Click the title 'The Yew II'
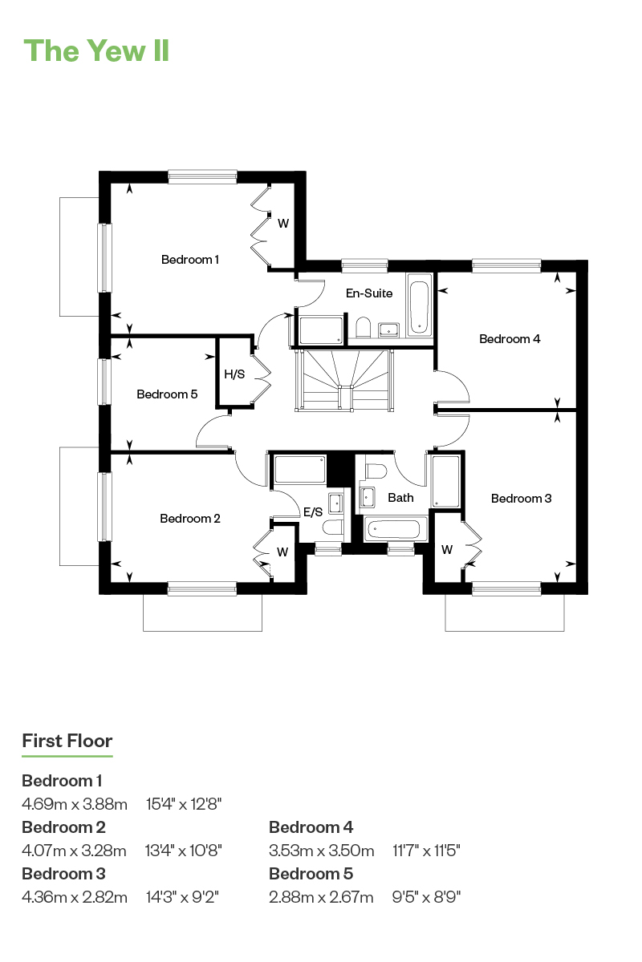tap(96, 51)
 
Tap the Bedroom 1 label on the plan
tap(190, 260)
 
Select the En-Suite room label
tap(369, 293)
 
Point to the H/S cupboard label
tap(234, 374)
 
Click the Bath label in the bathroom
tap(400, 498)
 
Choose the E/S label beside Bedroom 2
tap(313, 511)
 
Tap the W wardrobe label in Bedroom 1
tap(283, 224)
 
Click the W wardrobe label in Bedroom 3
tap(447, 550)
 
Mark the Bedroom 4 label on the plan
tap(510, 339)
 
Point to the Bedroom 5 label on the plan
tap(167, 394)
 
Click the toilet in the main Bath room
tap(376, 471)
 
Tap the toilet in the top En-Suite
tap(364, 327)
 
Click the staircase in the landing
tap(344, 381)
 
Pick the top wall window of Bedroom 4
tap(506, 266)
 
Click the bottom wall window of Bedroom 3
tap(506, 588)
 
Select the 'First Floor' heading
tap(67, 741)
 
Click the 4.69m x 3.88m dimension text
tap(75, 803)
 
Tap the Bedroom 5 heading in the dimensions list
tap(311, 873)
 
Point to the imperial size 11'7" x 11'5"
tap(426, 850)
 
